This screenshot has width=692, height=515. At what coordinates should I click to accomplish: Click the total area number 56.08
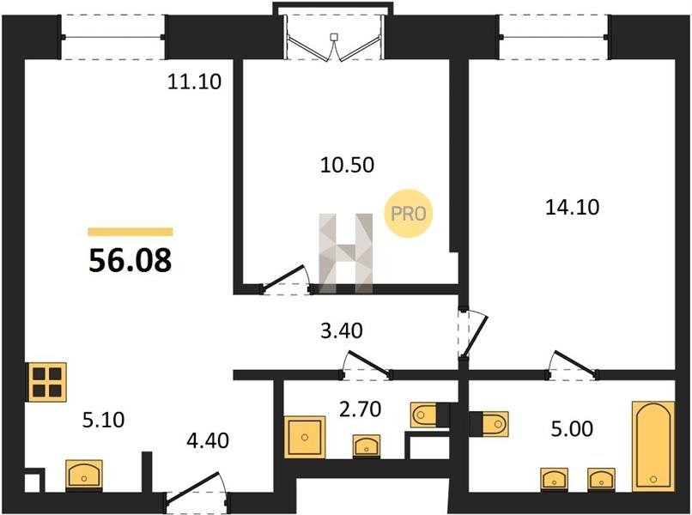click(131, 260)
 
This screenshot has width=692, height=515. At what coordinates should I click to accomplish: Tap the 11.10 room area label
click(194, 82)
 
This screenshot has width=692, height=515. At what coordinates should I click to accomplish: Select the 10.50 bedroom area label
click(348, 165)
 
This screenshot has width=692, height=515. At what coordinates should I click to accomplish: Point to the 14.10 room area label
click(573, 207)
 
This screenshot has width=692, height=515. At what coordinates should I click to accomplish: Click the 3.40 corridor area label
click(341, 330)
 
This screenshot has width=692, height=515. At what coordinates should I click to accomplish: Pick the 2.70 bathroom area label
click(360, 409)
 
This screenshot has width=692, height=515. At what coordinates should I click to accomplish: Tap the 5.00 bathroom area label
click(572, 428)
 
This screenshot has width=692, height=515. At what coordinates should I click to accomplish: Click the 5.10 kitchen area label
click(103, 420)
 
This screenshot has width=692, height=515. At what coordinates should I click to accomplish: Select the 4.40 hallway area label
click(208, 440)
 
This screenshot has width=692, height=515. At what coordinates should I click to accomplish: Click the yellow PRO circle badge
click(408, 213)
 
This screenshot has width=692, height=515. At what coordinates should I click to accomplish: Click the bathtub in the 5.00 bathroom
click(653, 445)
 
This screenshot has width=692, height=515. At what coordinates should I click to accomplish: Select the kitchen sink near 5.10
click(84, 476)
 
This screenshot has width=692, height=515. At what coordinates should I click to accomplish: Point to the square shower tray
click(305, 437)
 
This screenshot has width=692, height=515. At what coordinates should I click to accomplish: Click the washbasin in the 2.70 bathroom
click(367, 446)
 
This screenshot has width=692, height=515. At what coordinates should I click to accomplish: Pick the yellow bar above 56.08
click(131, 232)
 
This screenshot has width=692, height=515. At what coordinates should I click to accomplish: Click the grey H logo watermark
click(346, 253)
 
